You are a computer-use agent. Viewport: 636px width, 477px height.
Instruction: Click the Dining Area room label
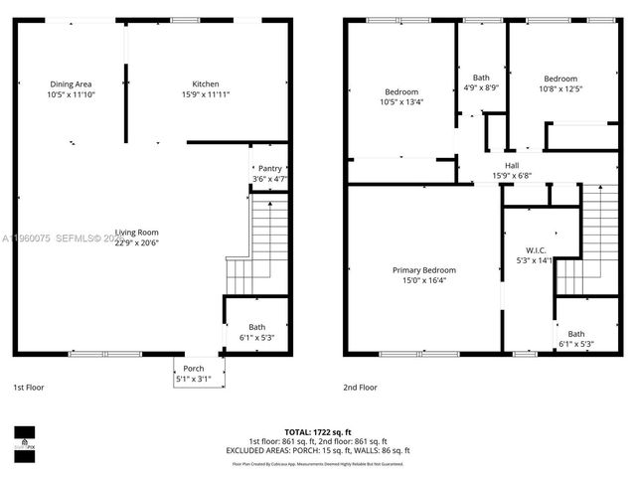tap(70, 84)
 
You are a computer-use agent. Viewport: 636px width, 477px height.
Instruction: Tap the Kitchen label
tap(206, 84)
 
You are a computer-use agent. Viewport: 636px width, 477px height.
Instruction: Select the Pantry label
tap(269, 169)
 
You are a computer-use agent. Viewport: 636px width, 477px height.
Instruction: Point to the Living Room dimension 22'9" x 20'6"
tap(136, 242)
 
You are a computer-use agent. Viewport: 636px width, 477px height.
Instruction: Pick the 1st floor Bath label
tap(256, 327)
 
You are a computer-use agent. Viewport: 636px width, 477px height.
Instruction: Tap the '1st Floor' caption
tap(28, 387)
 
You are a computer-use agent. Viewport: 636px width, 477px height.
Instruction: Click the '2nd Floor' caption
tap(361, 387)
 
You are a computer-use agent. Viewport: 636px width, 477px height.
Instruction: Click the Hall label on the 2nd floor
tap(512, 166)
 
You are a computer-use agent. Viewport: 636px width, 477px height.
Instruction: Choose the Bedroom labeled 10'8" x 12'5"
tap(560, 79)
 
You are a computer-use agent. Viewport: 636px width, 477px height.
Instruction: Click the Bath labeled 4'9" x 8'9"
tap(481, 78)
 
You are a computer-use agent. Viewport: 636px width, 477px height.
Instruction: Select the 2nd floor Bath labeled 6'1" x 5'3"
tap(576, 334)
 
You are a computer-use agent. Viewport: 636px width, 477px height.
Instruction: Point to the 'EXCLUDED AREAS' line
tap(318, 450)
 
